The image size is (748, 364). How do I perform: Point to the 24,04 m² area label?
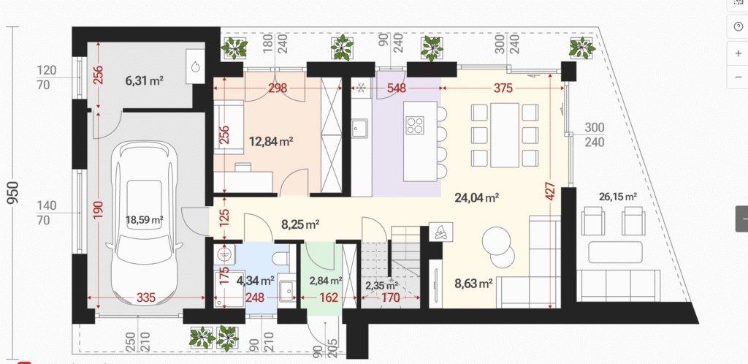(x=477, y=197)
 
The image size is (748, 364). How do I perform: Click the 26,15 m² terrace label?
(x=619, y=197)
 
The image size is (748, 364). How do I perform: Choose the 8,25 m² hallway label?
(x=300, y=224)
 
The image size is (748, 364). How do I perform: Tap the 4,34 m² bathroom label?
(x=256, y=280)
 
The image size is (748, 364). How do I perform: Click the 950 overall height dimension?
(x=14, y=192)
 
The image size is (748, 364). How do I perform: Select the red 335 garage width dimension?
(x=146, y=298)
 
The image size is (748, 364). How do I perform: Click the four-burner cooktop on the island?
(x=415, y=125)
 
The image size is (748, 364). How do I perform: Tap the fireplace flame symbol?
(x=440, y=232)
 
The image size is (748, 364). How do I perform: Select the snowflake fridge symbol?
(x=361, y=88)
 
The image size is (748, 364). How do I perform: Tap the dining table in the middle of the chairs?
(x=504, y=135)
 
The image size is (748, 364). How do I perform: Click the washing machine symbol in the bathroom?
(x=222, y=254)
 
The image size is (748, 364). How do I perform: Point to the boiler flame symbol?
(x=195, y=67)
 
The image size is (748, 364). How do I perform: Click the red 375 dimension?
(x=503, y=88)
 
